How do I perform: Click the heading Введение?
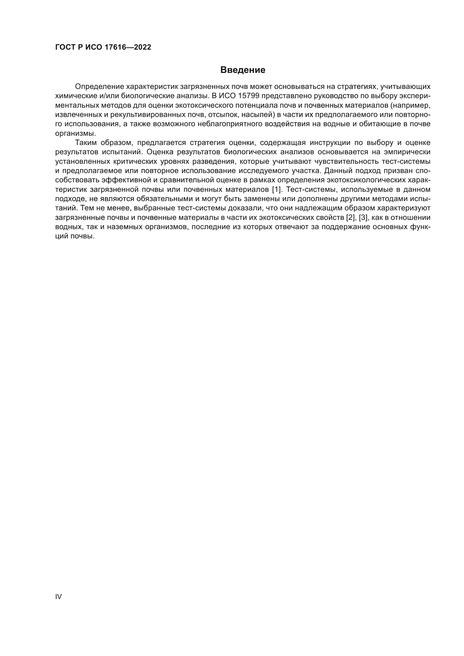point(243,70)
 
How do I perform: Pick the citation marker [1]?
point(277,189)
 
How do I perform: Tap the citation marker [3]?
point(364,217)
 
